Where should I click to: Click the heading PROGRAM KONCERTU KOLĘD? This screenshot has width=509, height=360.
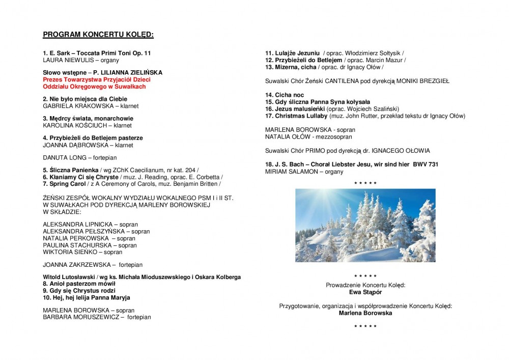point(98,35)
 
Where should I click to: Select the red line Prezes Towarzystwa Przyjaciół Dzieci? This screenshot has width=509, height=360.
point(96,80)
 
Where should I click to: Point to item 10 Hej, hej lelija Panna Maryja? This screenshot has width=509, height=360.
point(89,297)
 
